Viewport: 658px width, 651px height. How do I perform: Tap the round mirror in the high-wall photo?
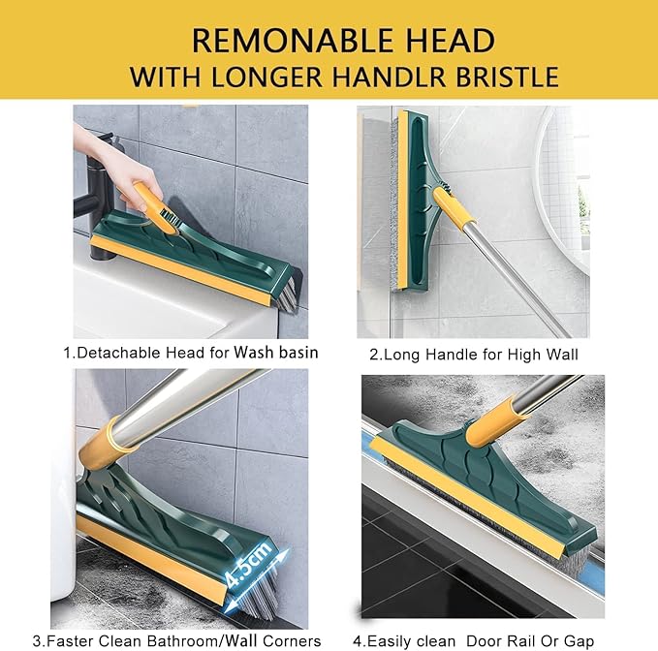click(562, 184)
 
